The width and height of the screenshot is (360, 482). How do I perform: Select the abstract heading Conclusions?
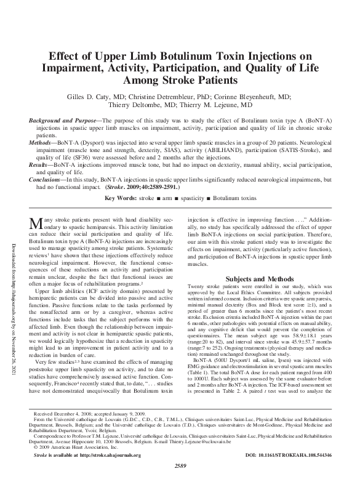[52, 180]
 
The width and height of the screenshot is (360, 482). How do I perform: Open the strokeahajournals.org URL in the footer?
[108, 455]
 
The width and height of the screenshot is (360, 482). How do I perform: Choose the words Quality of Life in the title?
[286, 68]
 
